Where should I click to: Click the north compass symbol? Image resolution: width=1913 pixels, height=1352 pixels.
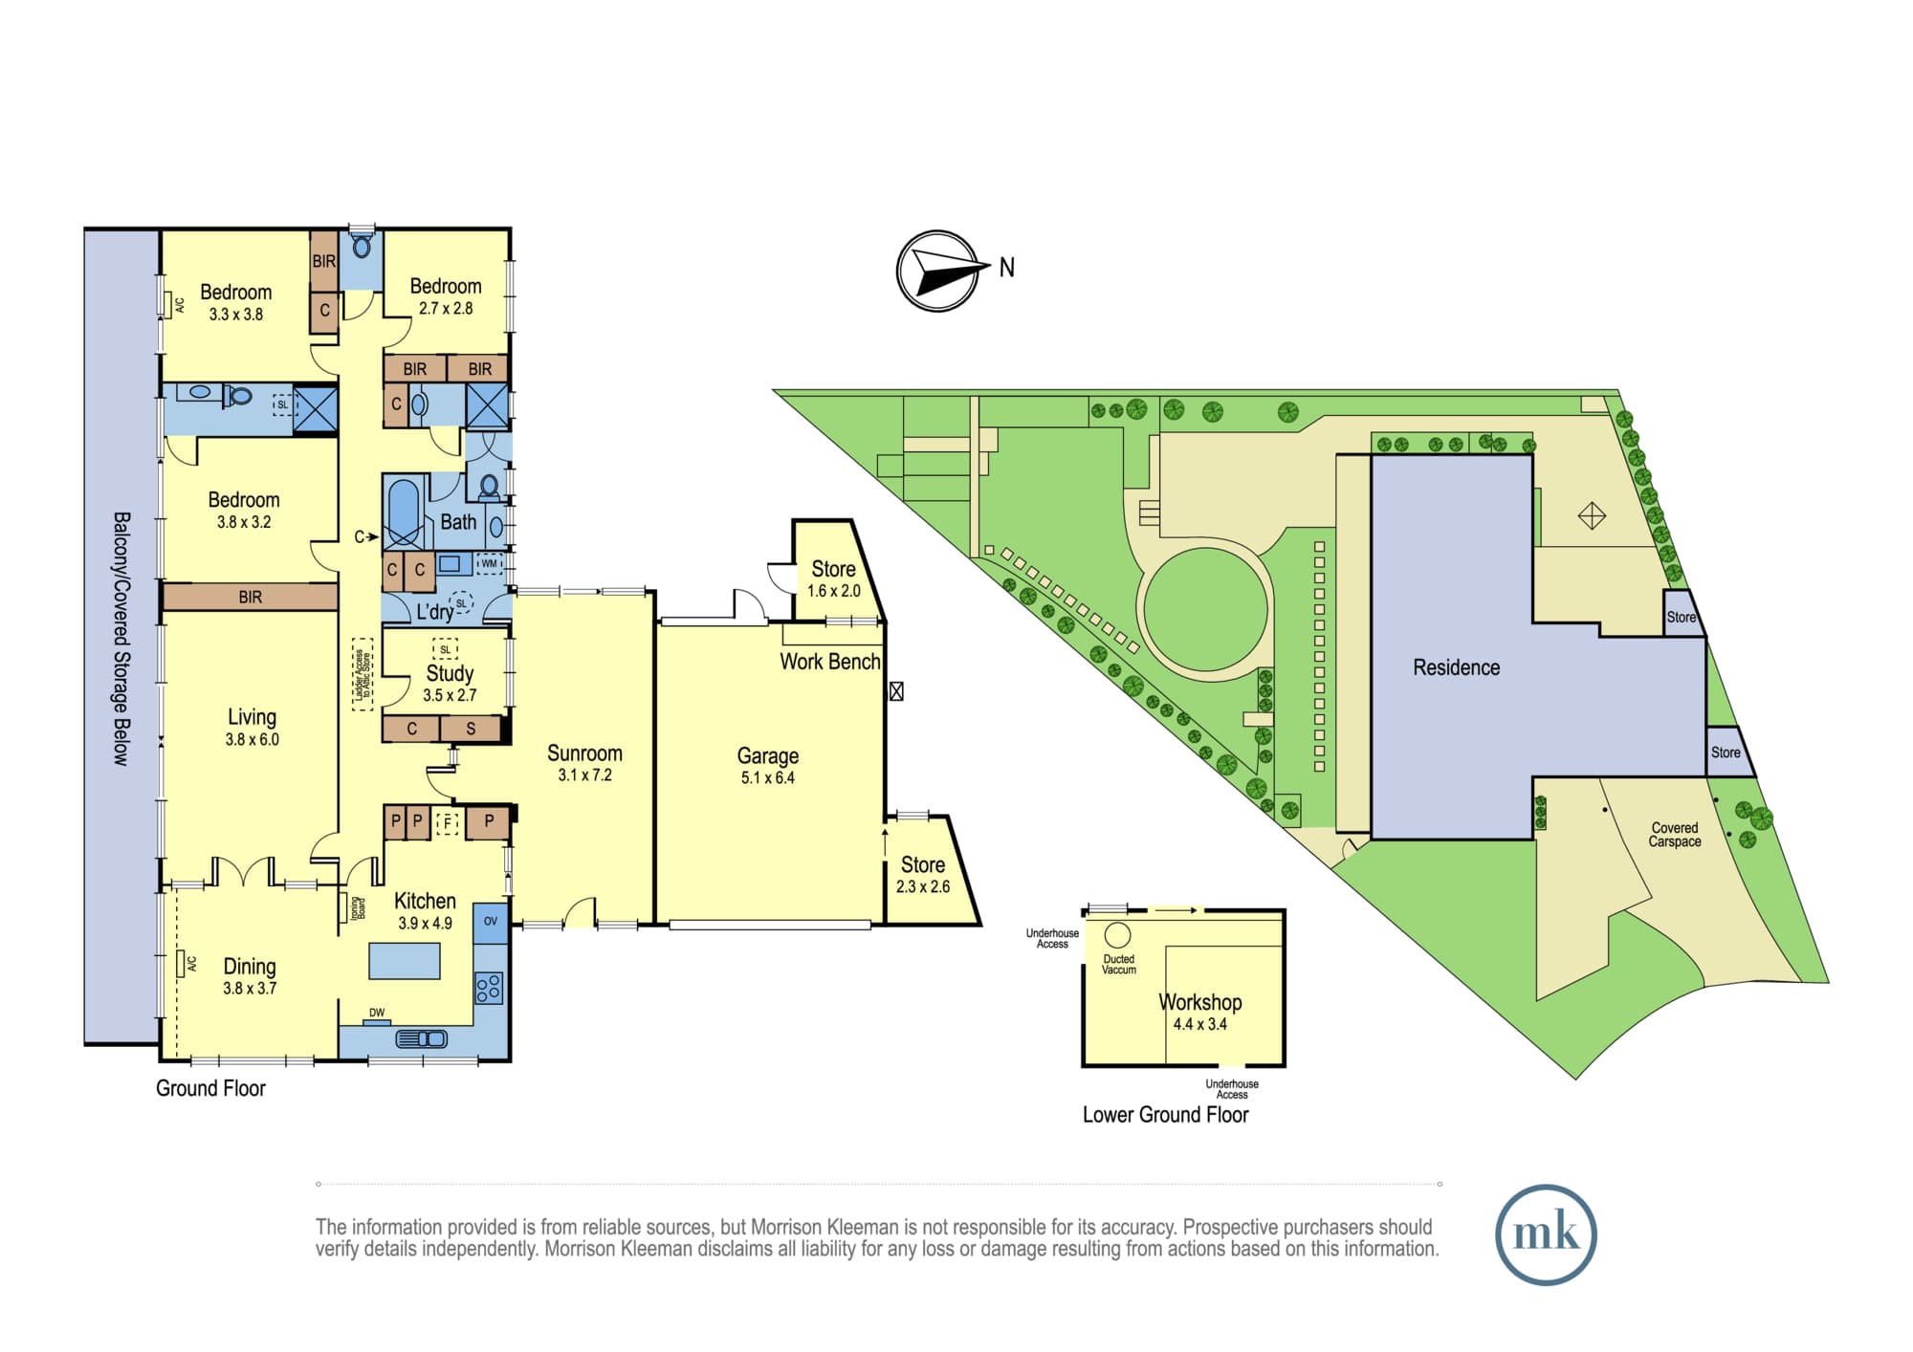[x=938, y=271]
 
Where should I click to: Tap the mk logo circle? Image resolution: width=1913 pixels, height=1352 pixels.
[x=1546, y=1234]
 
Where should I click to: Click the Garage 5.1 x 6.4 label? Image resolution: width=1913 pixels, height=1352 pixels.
[x=768, y=766]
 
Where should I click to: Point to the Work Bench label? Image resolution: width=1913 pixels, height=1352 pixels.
[x=830, y=662]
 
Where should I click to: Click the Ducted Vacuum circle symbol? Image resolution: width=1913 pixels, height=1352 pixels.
[x=1117, y=935]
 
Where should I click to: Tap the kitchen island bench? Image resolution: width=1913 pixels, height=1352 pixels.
[x=405, y=961]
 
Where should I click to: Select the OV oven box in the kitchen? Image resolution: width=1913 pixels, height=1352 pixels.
[x=491, y=923]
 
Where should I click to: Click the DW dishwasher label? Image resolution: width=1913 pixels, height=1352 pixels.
[x=377, y=1013]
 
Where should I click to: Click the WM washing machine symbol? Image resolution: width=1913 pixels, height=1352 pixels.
[x=490, y=564]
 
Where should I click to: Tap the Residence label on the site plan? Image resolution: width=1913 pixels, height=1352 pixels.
[x=1456, y=667]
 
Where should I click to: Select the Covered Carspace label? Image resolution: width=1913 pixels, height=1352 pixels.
[x=1675, y=835]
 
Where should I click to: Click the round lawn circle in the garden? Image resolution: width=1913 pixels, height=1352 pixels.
[x=1206, y=609]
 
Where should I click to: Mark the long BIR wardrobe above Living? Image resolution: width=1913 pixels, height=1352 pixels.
[x=250, y=598]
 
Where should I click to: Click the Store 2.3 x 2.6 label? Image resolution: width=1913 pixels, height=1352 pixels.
[x=923, y=875]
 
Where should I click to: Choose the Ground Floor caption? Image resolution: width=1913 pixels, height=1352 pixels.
[x=210, y=1088]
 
